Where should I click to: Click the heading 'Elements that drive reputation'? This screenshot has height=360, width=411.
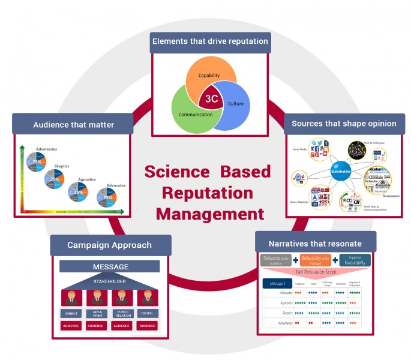[210, 43]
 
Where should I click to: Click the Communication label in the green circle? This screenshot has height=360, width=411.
[196, 114]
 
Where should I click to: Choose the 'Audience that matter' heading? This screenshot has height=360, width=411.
[74, 125]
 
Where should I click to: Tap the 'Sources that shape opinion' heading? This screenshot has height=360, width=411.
[344, 124]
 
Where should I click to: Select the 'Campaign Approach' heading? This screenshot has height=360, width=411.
[109, 245]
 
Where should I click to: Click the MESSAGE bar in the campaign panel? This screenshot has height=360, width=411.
[109, 266]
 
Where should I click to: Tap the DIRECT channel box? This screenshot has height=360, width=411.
[71, 313]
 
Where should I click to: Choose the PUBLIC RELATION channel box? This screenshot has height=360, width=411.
[122, 313]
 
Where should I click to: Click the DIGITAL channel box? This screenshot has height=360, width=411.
[147, 313]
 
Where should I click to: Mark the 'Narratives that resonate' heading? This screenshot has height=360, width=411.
[316, 244]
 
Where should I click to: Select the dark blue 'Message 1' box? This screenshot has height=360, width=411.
[277, 284]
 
